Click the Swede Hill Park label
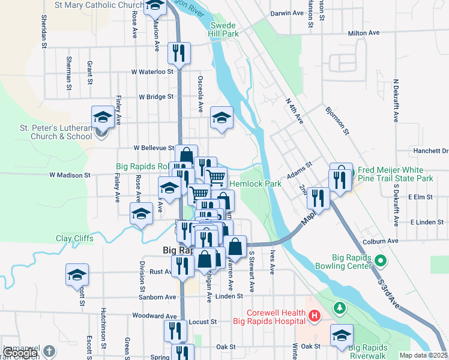224,29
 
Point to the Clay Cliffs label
74,238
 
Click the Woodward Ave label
155,316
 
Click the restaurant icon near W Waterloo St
178,53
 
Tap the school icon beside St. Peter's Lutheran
103,117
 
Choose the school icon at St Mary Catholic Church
155,6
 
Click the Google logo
20,353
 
